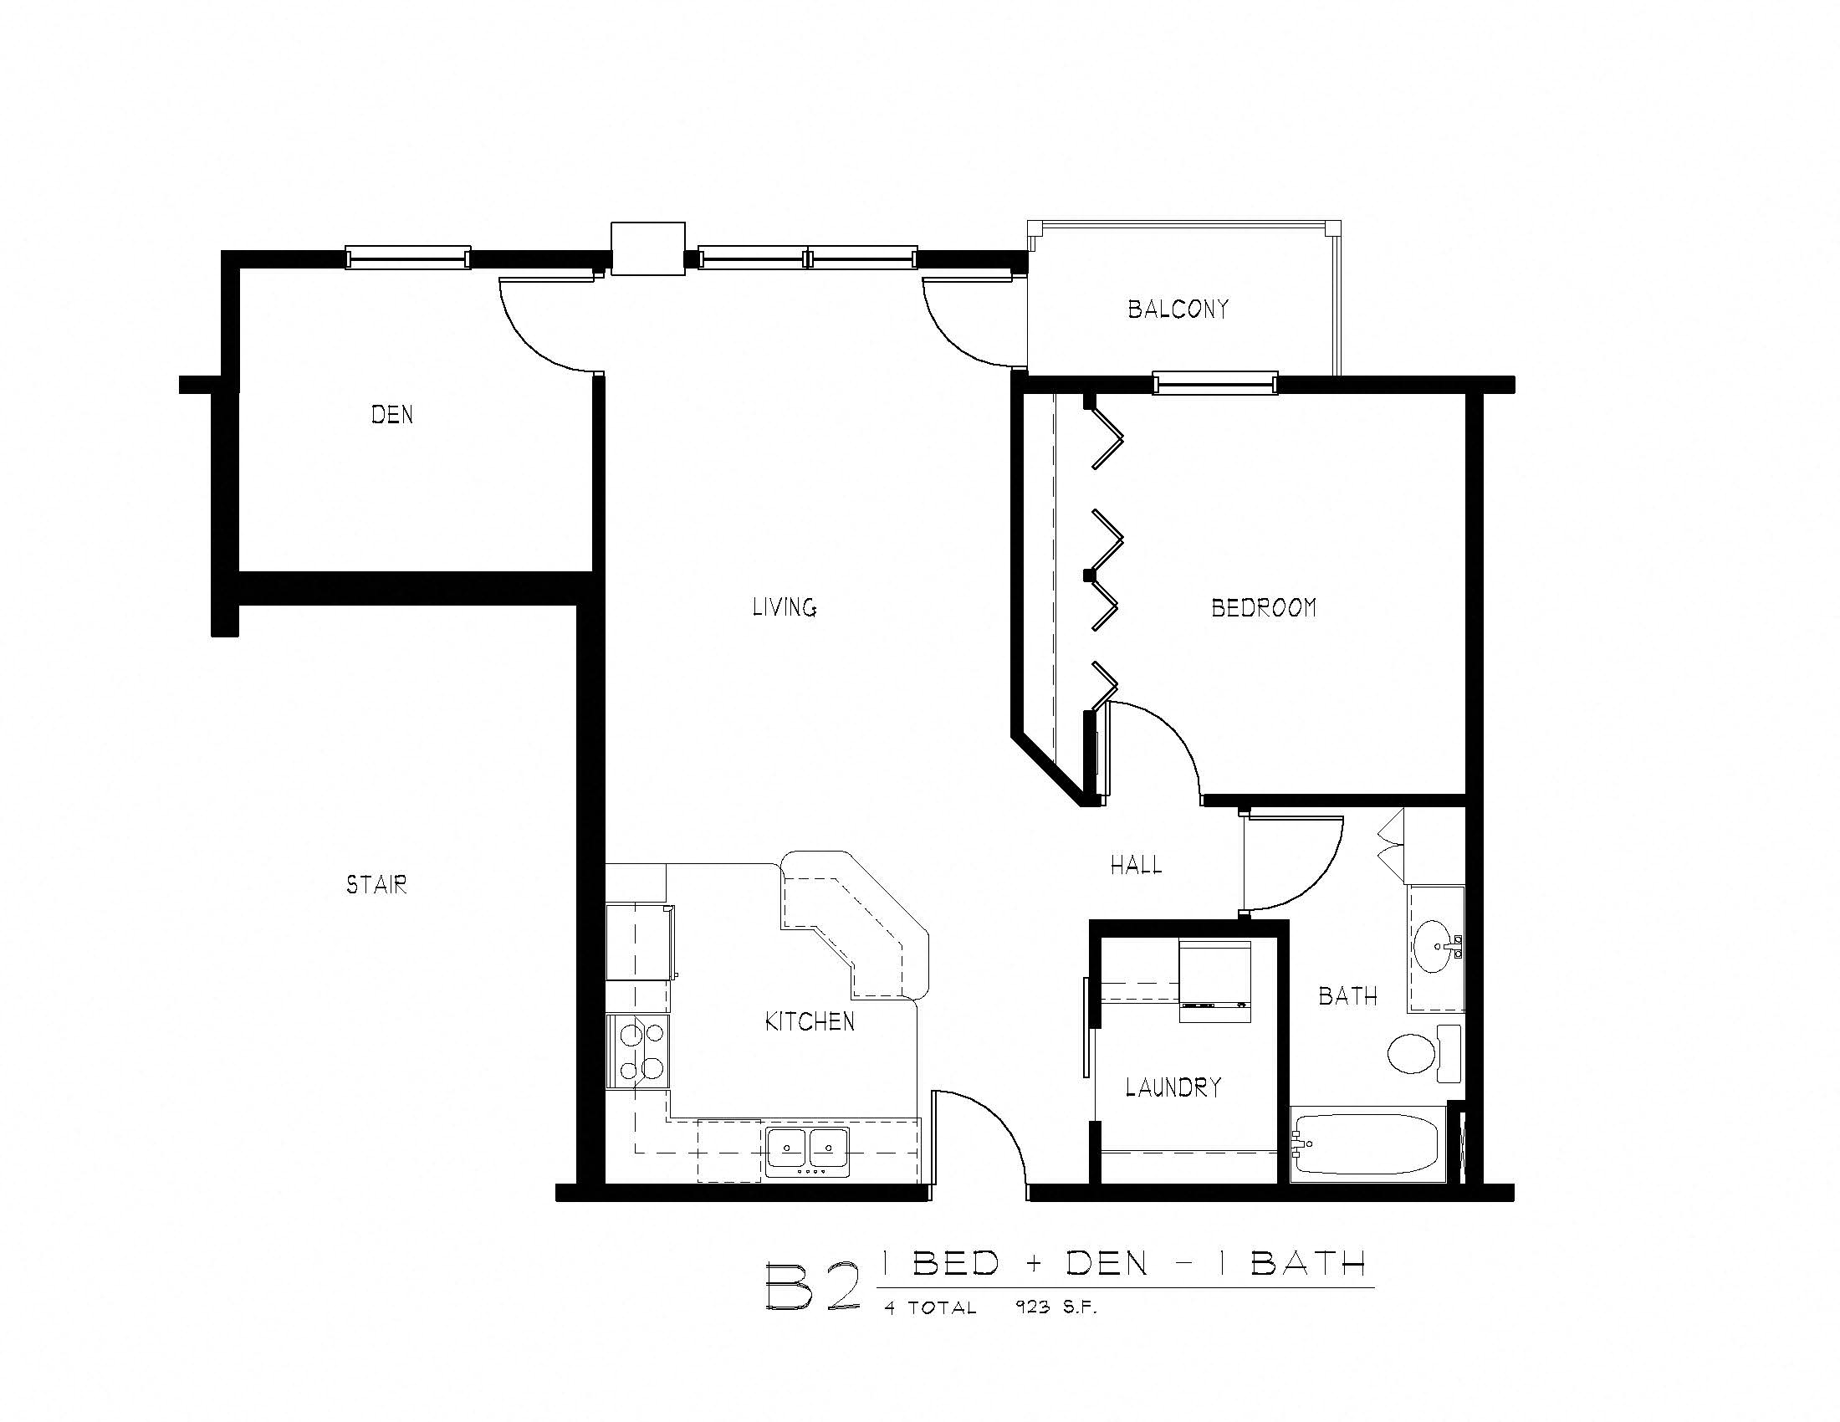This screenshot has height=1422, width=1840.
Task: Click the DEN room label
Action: [391, 414]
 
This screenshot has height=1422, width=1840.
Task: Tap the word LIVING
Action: [784, 607]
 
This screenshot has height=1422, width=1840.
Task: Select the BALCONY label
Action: [1178, 309]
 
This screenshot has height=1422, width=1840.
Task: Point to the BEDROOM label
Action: [1263, 607]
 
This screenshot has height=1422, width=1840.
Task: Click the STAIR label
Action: [376, 884]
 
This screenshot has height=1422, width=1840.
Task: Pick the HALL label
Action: [1136, 865]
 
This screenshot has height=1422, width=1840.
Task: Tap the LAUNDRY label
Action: [1173, 1087]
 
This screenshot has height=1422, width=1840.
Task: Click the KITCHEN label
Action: [809, 1022]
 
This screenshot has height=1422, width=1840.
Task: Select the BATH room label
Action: [1347, 996]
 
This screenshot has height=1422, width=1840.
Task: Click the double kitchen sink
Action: [807, 1150]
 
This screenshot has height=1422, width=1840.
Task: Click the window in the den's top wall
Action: [408, 258]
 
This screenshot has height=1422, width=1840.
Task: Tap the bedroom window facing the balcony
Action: [1215, 384]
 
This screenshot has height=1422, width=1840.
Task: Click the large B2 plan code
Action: [814, 1286]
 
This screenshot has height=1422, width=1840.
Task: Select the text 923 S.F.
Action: [1056, 1307]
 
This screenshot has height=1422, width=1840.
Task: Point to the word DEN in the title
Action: [1107, 1264]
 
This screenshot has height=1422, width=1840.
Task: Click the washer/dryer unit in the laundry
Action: [1214, 981]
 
